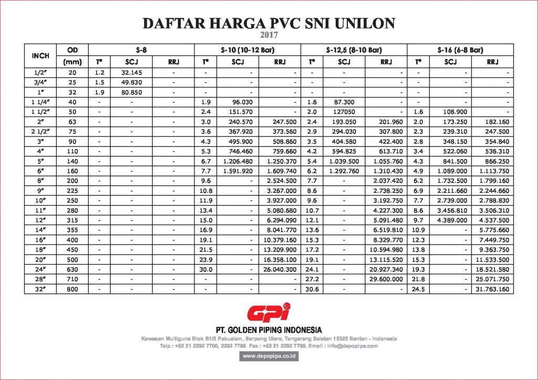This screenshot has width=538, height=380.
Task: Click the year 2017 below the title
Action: [x=268, y=36]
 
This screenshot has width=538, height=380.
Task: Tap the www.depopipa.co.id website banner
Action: [x=269, y=356]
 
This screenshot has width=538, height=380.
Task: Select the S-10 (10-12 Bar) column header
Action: [x=247, y=50]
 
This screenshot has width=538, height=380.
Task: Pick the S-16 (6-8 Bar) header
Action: [x=460, y=50]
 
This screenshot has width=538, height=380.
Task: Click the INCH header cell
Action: [x=40, y=56]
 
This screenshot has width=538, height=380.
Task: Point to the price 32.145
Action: [x=131, y=72]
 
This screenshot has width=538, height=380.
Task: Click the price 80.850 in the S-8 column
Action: [x=131, y=91]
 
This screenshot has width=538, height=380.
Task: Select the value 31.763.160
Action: [x=491, y=289]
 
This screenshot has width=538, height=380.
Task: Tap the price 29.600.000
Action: [x=385, y=280]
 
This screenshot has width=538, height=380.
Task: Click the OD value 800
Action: [x=73, y=289]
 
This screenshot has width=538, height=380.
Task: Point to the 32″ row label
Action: [x=40, y=289]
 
